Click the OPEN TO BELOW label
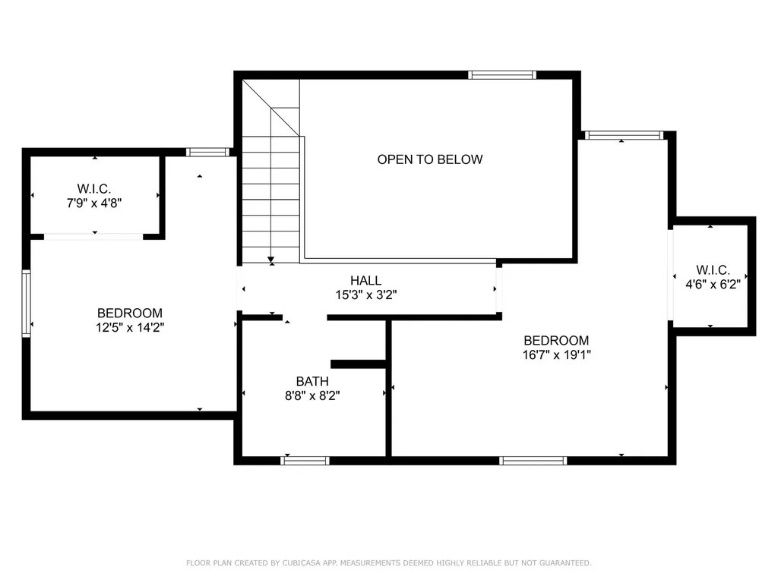point(430,159)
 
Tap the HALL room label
point(365,280)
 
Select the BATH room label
point(312,381)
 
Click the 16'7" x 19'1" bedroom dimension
point(556,355)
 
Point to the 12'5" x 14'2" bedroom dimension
point(130,328)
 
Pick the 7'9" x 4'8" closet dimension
point(94,203)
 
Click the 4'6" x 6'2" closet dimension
point(713,284)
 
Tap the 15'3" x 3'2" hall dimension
point(365,295)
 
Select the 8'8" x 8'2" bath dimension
point(312,395)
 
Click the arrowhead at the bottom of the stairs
point(271,260)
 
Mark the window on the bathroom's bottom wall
point(305,461)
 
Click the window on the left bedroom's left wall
point(27,304)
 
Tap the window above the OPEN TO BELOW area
point(502,75)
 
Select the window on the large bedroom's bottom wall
point(533,461)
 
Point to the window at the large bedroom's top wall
point(624,135)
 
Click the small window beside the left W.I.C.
point(208,152)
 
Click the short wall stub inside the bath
point(359,364)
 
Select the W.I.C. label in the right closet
point(713,270)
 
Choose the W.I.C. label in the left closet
point(94,189)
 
